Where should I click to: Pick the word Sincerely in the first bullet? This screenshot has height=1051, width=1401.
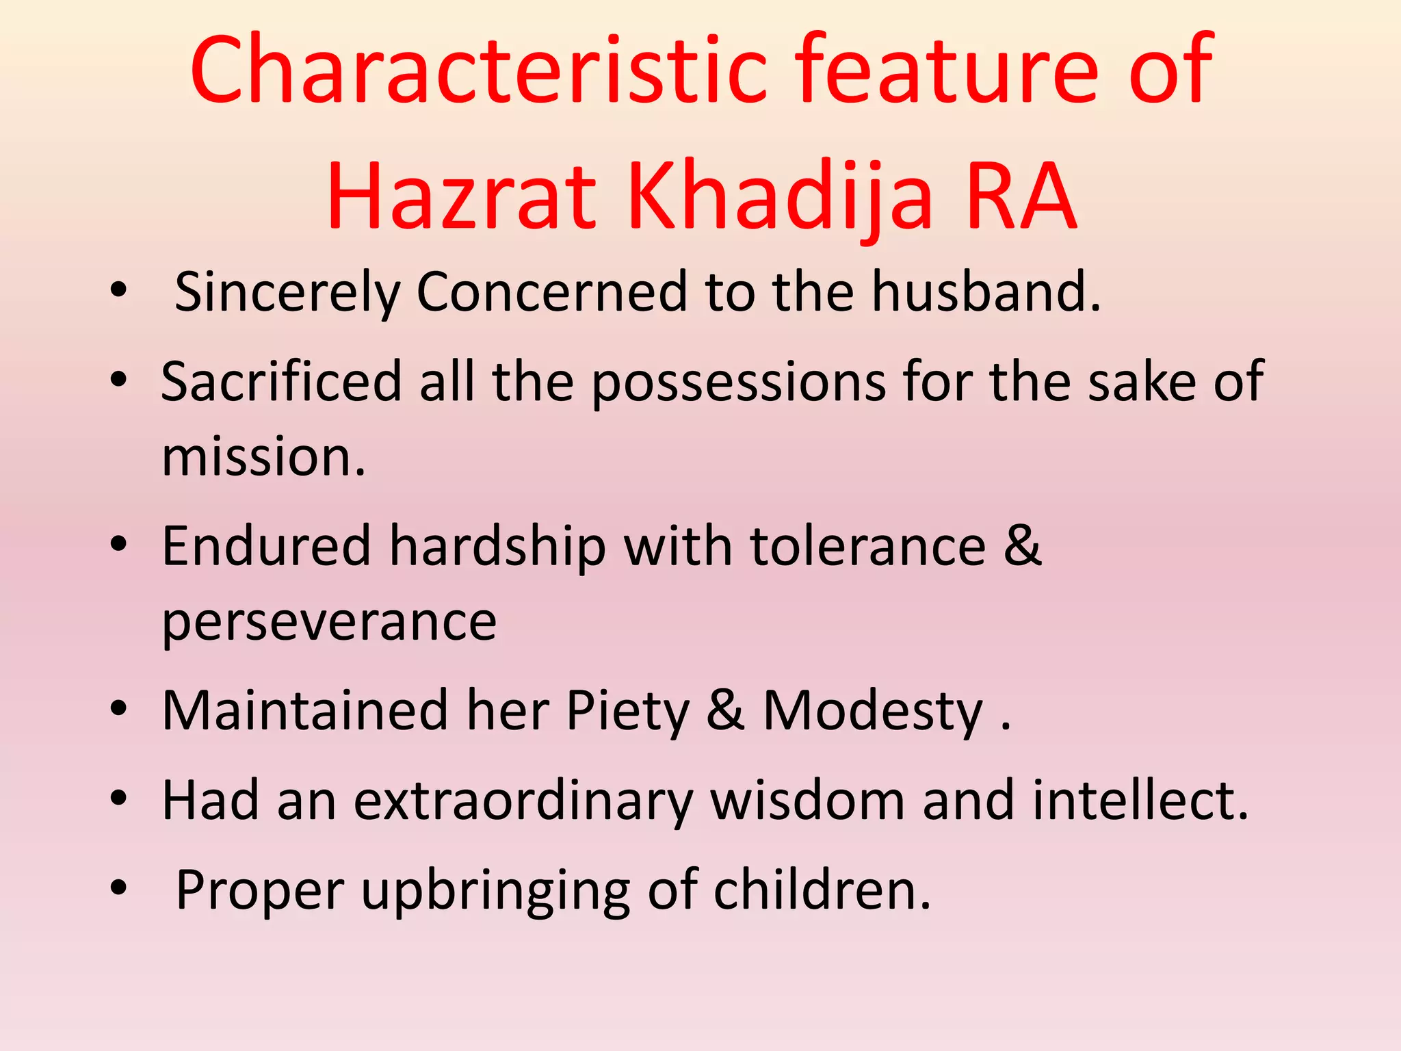tap(287, 293)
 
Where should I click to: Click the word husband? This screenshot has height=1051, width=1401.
tap(986, 291)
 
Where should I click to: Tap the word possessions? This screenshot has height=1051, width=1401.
tap(739, 383)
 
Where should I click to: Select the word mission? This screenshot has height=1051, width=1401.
tap(263, 457)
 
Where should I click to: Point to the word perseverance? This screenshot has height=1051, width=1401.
tap(329, 623)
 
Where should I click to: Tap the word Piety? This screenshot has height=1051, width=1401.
tap(627, 712)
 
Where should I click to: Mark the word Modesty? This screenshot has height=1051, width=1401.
tap(873, 712)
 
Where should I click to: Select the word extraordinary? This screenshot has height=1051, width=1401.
tap(523, 802)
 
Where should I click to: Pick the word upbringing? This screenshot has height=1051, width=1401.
tap(495, 892)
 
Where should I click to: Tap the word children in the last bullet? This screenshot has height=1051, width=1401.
tap(822, 891)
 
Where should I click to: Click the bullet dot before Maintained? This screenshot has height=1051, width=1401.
tap(118, 710)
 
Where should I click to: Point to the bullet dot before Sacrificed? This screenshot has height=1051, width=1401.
tap(118, 380)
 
